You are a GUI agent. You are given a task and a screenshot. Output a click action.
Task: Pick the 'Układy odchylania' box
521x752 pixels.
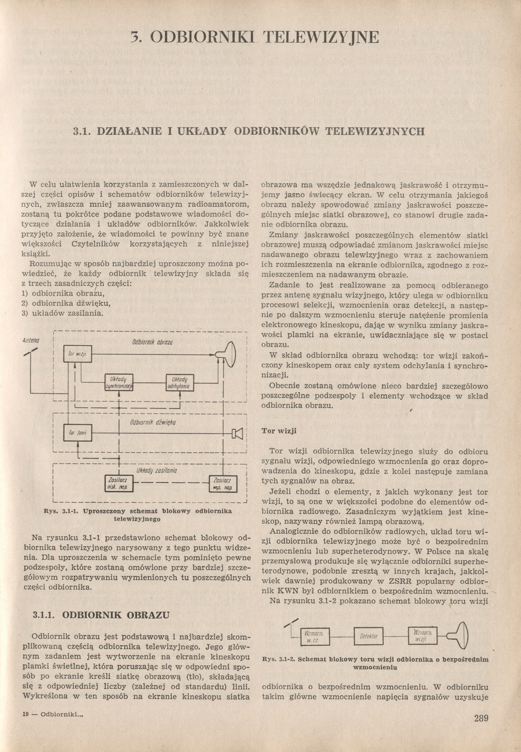click(x=179, y=382)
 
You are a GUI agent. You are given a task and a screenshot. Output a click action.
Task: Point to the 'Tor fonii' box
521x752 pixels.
click(x=78, y=432)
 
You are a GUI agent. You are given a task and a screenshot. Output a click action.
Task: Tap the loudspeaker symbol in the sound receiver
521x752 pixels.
click(x=237, y=433)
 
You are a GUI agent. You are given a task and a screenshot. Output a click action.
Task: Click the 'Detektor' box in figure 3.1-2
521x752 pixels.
click(x=369, y=636)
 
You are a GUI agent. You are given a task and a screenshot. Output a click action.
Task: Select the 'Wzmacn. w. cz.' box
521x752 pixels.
click(x=315, y=637)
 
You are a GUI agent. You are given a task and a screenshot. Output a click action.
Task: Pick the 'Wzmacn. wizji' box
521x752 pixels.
click(x=422, y=636)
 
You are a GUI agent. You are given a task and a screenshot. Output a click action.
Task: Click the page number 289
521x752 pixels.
click(x=481, y=719)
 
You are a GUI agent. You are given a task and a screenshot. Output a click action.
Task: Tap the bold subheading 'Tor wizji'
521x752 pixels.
click(x=279, y=431)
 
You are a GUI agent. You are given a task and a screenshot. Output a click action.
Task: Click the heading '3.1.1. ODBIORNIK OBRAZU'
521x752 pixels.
click(x=101, y=615)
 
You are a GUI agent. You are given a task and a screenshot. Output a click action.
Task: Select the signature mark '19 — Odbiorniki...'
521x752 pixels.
click(x=53, y=714)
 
